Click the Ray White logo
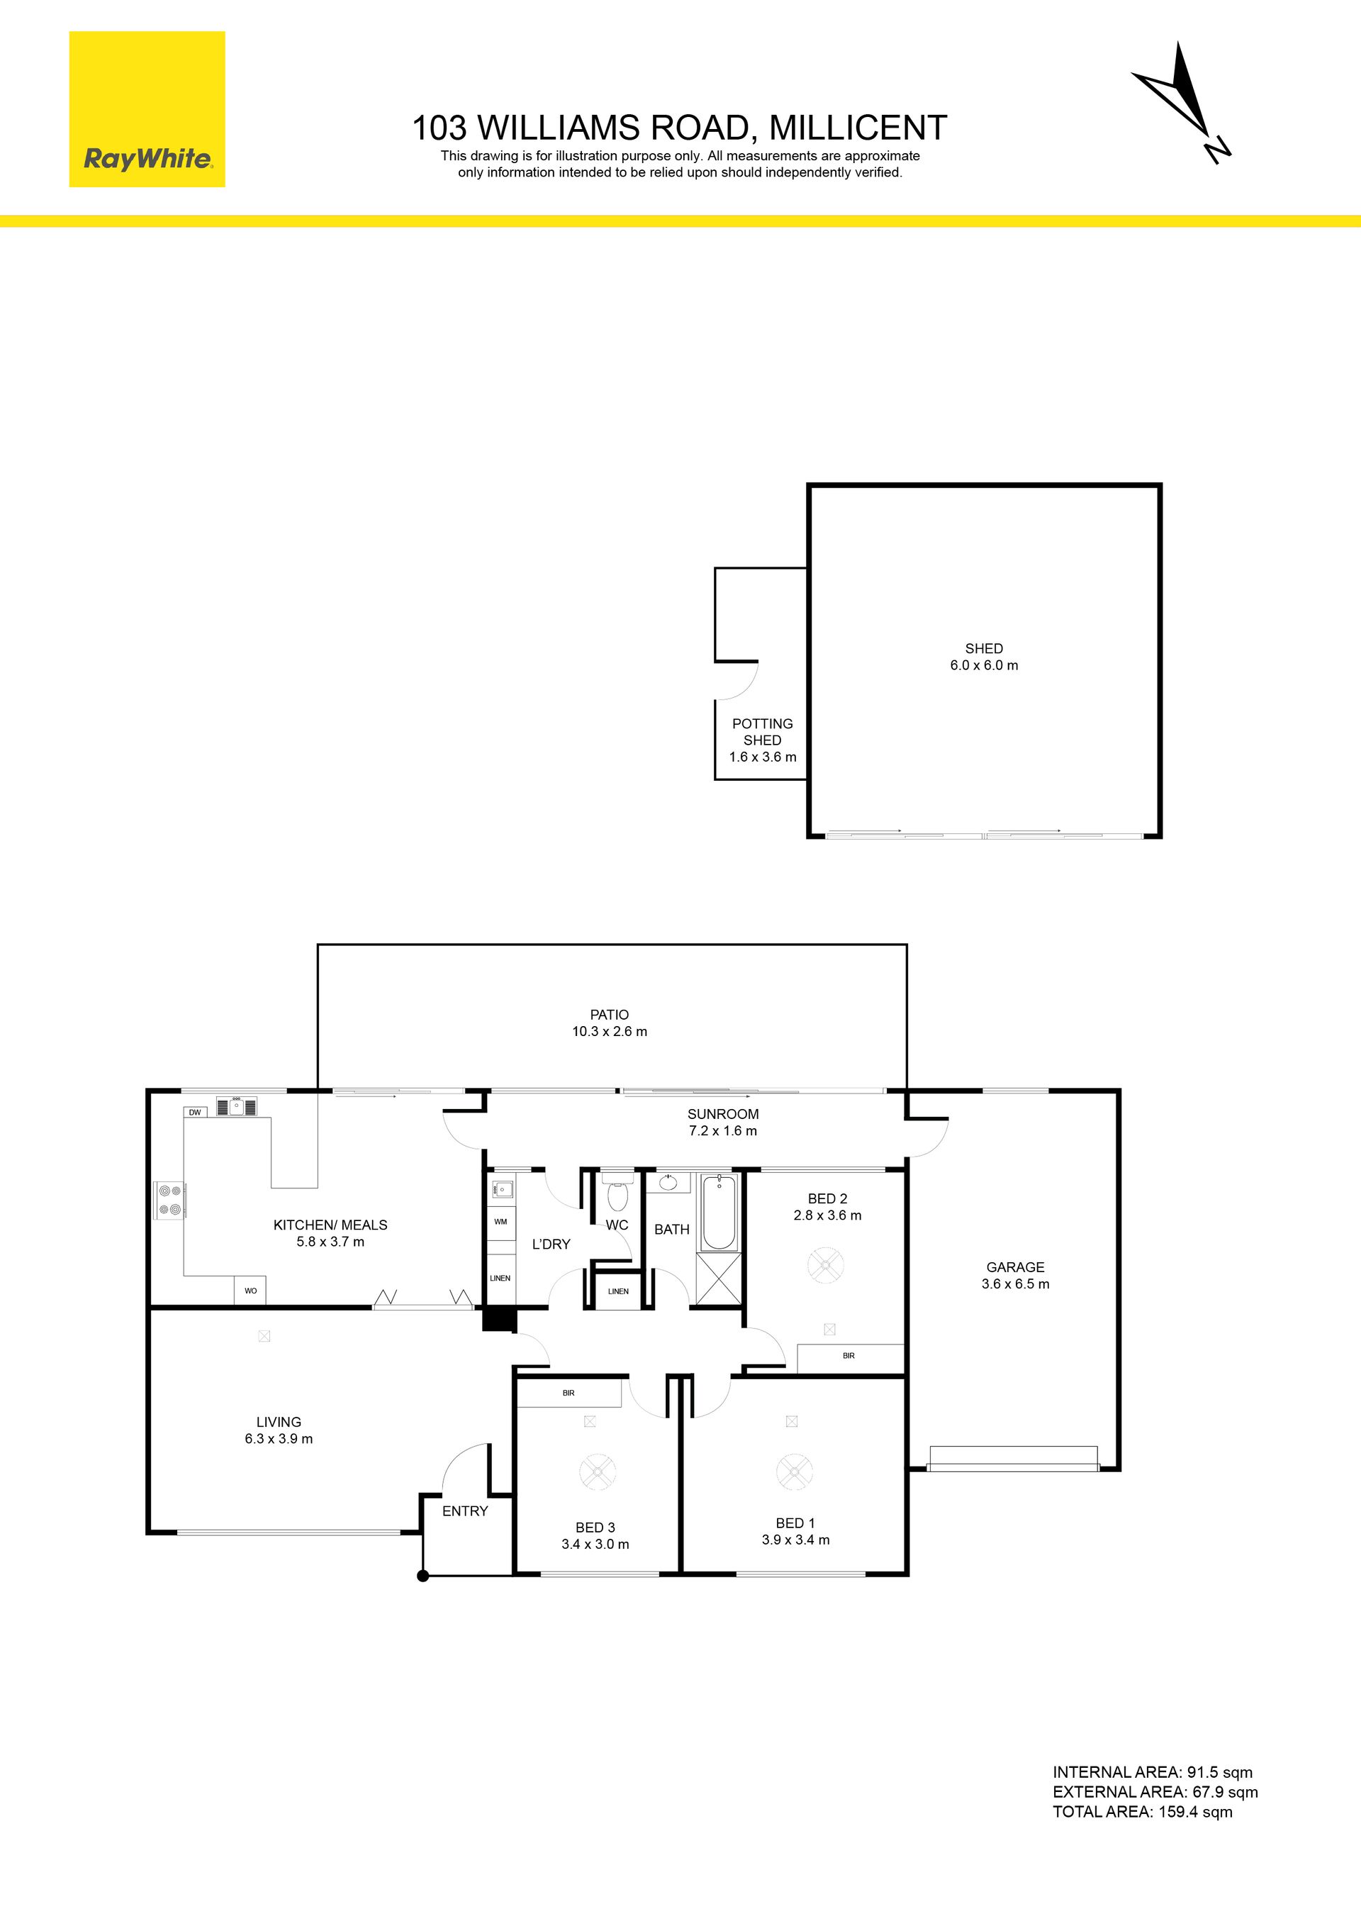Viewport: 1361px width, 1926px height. coord(147,109)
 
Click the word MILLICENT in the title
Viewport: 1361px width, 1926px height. coord(858,128)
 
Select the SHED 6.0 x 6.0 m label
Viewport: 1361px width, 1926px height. coord(984,657)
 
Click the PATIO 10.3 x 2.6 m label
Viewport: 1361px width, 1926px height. coord(610,1023)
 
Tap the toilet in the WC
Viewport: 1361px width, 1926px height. coord(617,1192)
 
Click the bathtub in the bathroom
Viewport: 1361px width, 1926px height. coord(719,1213)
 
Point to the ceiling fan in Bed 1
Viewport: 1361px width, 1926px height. coord(793,1469)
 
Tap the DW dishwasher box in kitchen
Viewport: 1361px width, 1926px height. coord(196,1113)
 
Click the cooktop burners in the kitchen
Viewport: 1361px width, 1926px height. coord(169,1200)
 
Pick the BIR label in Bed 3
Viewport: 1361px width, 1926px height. coord(569,1393)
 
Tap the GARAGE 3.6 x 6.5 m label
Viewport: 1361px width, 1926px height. coord(1016,1276)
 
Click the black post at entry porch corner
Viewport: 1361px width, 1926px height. coord(423,1576)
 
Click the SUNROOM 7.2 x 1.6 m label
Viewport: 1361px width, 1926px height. coord(723,1123)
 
